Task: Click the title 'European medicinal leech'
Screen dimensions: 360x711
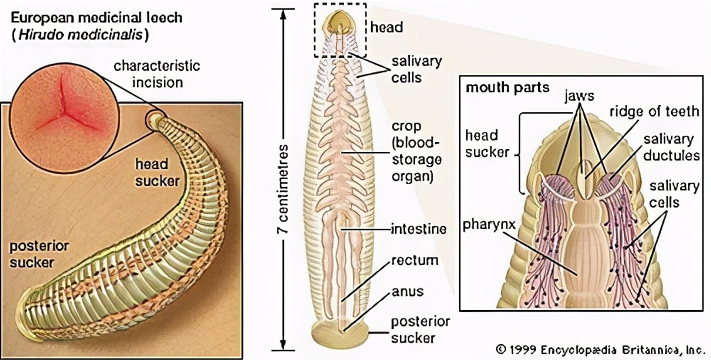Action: click(x=96, y=18)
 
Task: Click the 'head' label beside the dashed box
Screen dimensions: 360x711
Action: click(x=386, y=27)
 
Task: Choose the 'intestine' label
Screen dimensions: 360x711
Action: click(x=418, y=230)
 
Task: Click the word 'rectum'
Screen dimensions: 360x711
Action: click(x=415, y=260)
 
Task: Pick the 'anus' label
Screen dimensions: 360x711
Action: click(x=407, y=291)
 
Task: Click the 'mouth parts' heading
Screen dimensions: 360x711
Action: click(x=507, y=88)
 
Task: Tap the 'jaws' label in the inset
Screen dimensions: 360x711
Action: click(x=579, y=95)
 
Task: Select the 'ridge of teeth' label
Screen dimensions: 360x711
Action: click(x=654, y=111)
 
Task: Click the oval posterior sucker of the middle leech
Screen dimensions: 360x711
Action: click(x=340, y=332)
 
